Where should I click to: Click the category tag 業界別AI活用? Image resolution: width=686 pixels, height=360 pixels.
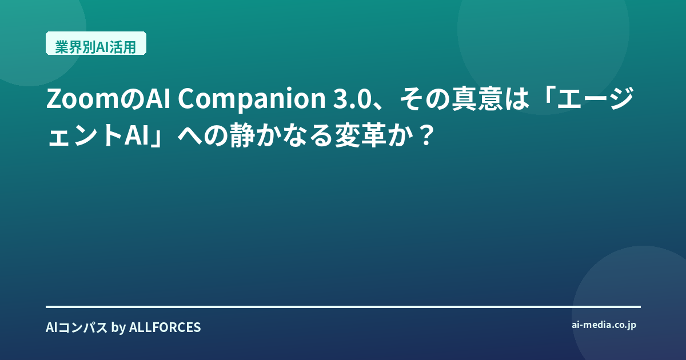pos(96,43)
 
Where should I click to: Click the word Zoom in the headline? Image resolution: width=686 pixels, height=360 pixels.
pos(82,99)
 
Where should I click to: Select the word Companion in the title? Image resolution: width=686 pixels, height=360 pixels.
pos(252,100)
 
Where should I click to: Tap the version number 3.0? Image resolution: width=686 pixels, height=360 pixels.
pos(352,99)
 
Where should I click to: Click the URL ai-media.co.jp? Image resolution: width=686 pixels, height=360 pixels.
pos(604,325)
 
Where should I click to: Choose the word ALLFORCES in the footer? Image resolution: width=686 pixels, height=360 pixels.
pos(165,327)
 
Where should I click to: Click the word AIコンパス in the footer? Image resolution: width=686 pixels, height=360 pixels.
pos(77,327)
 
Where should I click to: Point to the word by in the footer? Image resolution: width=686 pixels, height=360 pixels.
pos(118,327)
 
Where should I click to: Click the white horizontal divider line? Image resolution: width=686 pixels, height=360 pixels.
pos(343,306)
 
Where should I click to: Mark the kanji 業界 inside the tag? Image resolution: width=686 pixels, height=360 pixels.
pos(69,47)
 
